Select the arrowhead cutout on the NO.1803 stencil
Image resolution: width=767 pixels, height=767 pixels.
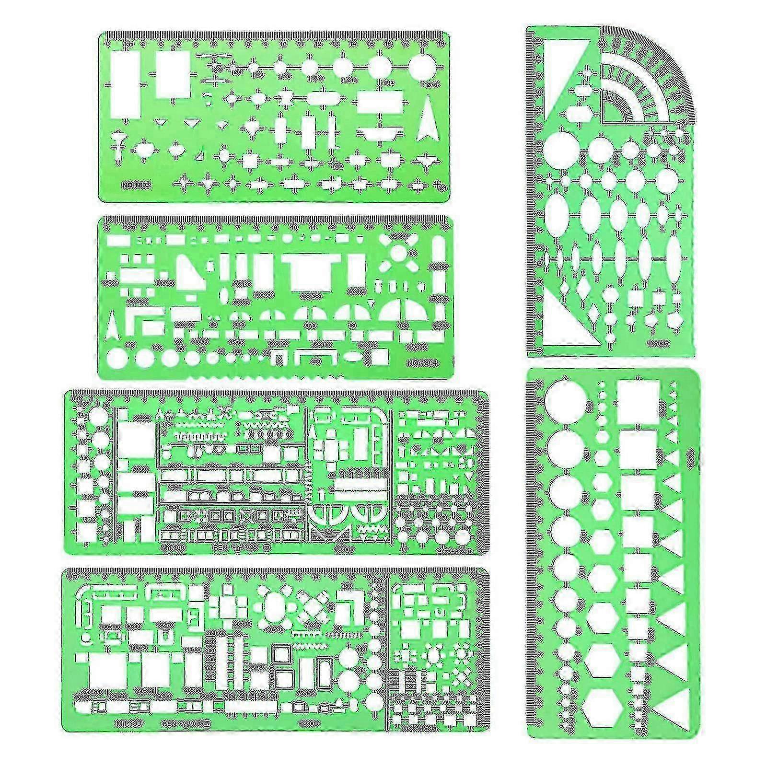pos(425,124)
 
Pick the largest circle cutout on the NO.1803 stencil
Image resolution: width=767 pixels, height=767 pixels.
pos(421,66)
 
